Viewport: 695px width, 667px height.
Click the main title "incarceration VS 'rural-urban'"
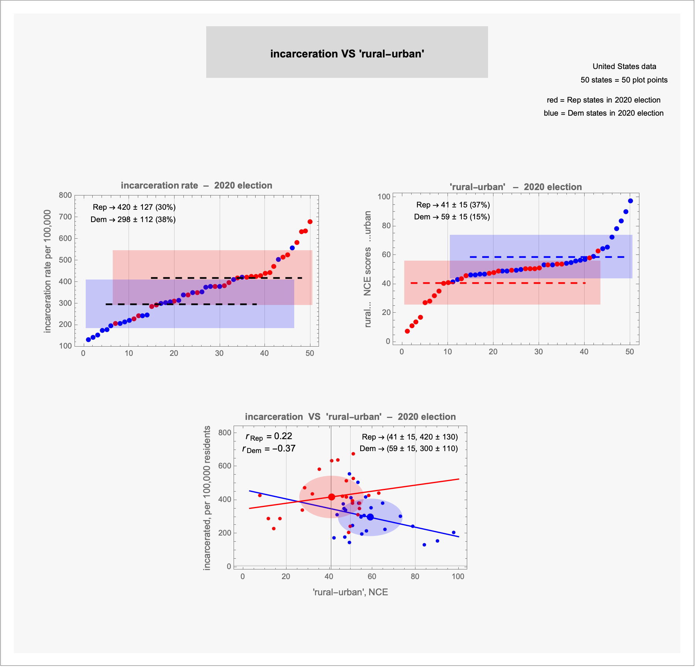(347, 54)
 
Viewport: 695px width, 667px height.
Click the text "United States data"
(624, 66)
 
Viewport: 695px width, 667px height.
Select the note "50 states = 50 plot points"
(624, 80)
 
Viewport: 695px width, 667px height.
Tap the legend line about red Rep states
(603, 100)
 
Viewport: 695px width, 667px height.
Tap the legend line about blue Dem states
(603, 113)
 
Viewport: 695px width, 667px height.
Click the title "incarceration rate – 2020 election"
(196, 185)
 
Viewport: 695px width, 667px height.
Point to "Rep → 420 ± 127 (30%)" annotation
(134, 207)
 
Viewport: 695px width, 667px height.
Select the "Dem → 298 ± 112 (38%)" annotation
(133, 219)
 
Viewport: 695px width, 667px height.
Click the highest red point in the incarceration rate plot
(310, 222)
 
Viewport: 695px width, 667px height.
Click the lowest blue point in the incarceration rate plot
(88, 340)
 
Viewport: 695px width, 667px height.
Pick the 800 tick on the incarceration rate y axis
(65, 195)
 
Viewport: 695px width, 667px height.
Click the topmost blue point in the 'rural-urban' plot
(630, 201)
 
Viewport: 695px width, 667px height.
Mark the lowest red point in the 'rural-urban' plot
(407, 331)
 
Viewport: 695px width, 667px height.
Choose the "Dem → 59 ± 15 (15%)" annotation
(452, 217)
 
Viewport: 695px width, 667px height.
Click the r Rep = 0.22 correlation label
(269, 436)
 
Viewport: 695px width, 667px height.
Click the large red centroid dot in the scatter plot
(331, 497)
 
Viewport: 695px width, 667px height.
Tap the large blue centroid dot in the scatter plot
(370, 517)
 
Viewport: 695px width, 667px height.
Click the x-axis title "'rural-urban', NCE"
(350, 592)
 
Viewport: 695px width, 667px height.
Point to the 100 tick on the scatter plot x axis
(458, 576)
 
